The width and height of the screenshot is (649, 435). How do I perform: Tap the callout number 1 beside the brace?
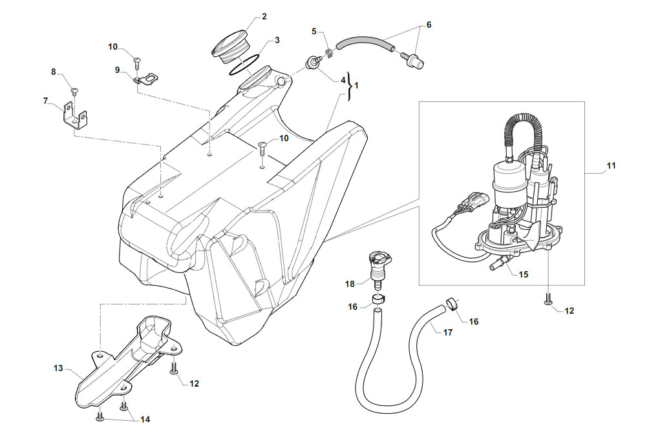(x=356, y=86)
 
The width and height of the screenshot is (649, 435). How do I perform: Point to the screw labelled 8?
(x=75, y=91)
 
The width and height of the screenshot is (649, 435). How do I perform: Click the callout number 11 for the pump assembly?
(x=611, y=166)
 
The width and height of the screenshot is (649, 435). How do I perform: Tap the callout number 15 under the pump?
(x=523, y=274)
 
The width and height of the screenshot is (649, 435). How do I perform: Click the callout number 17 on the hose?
(x=448, y=332)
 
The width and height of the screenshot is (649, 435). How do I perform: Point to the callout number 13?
(x=58, y=368)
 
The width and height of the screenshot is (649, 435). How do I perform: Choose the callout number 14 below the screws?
(x=145, y=420)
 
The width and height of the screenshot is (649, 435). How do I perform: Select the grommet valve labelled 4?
(x=314, y=63)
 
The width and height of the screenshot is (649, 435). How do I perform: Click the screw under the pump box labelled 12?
(x=548, y=298)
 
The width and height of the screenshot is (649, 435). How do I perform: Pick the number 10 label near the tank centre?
(x=284, y=138)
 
